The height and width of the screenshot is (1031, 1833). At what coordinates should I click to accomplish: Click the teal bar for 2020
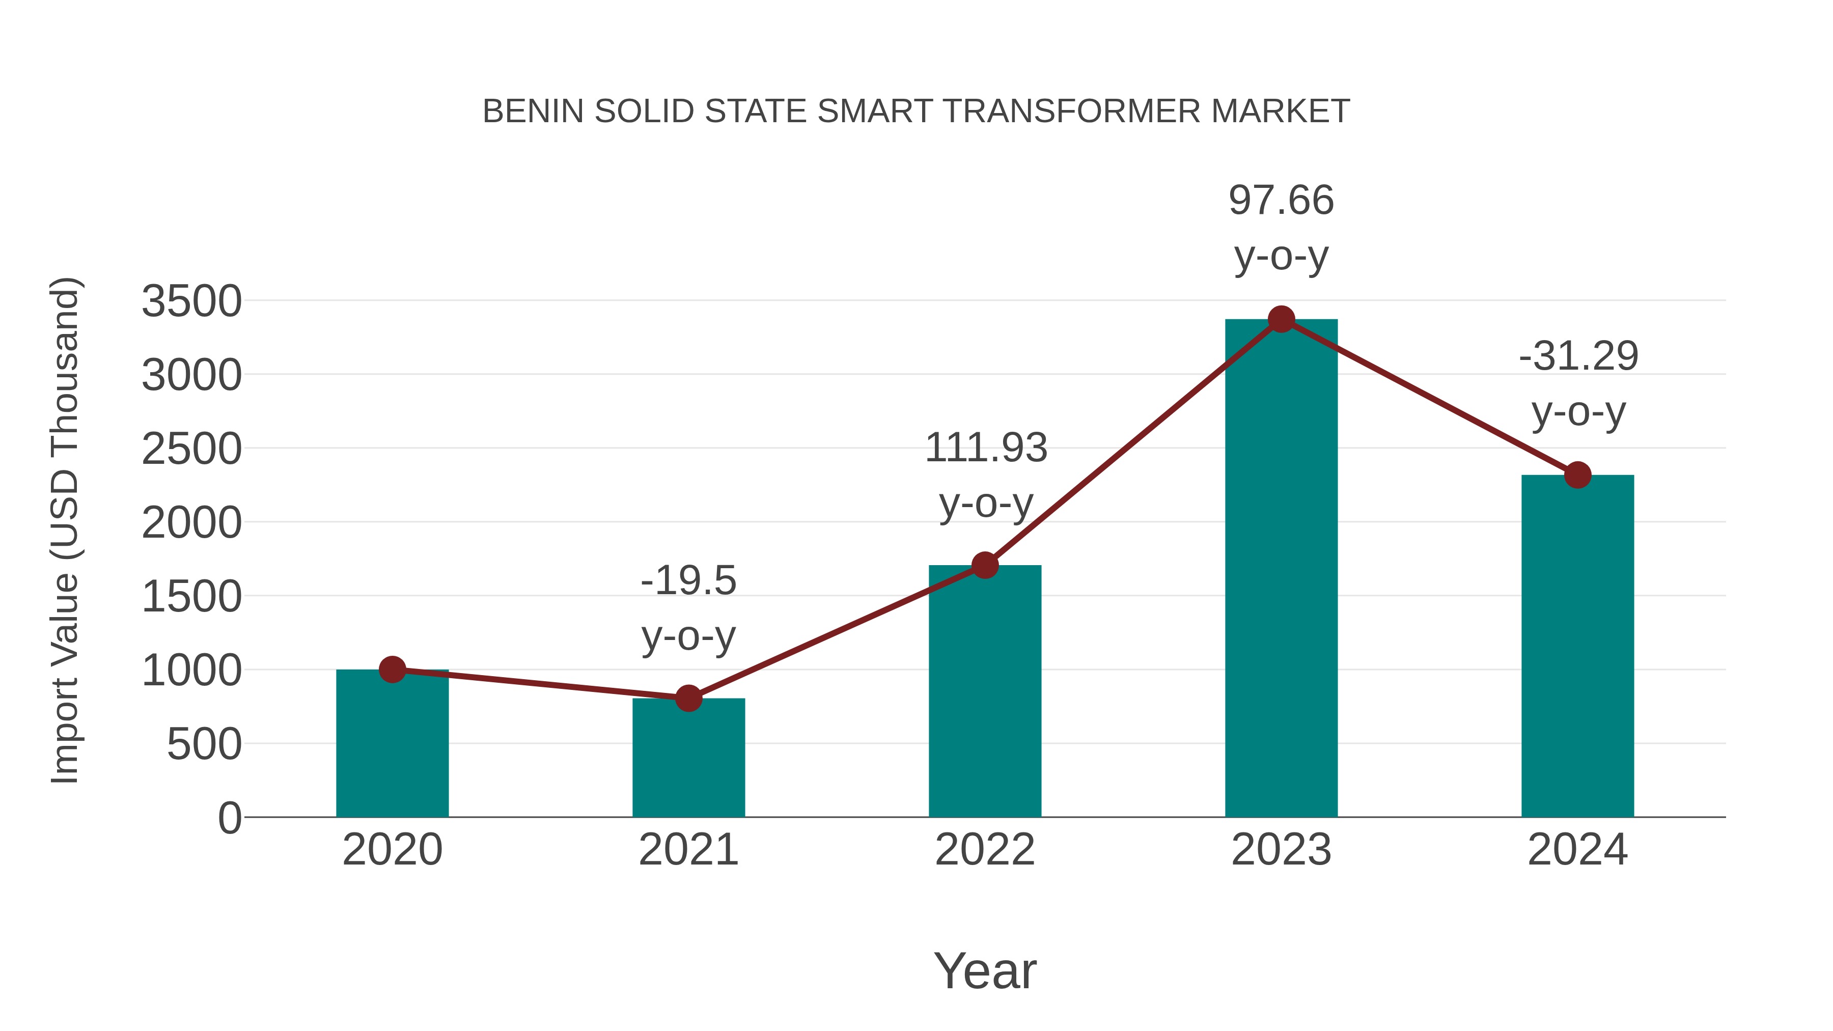pos(392,747)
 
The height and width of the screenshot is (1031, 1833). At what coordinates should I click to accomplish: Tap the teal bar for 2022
pos(985,694)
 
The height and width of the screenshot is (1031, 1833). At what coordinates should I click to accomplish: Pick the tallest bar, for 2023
pos(1281,569)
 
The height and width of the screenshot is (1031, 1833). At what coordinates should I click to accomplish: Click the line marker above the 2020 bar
pos(392,670)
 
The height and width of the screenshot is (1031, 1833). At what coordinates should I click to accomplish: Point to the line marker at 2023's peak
pos(1281,319)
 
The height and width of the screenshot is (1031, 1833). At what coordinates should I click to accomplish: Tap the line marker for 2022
pos(985,566)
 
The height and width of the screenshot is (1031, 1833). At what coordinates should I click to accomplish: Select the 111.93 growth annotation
pos(986,448)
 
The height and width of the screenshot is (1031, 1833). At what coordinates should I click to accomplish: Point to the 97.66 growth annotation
pos(1281,200)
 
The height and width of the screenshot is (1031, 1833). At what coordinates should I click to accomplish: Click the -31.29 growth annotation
pos(1578,356)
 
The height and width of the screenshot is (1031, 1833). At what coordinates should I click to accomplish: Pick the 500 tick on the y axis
pos(204,745)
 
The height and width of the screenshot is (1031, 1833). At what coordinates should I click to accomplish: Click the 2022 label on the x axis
pos(985,850)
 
